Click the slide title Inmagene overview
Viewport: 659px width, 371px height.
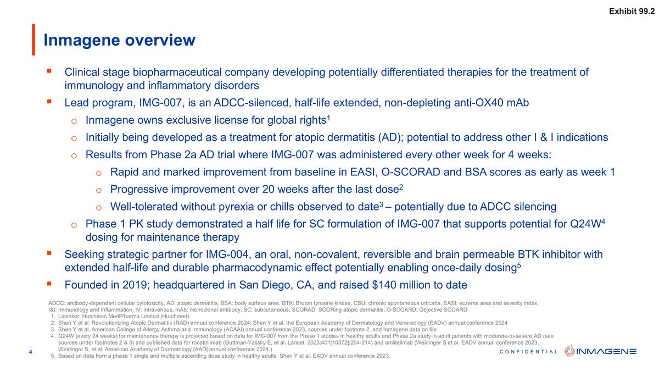click(x=119, y=40)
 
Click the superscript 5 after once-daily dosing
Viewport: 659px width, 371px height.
click(x=518, y=265)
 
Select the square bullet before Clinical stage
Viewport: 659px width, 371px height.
click(x=49, y=71)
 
